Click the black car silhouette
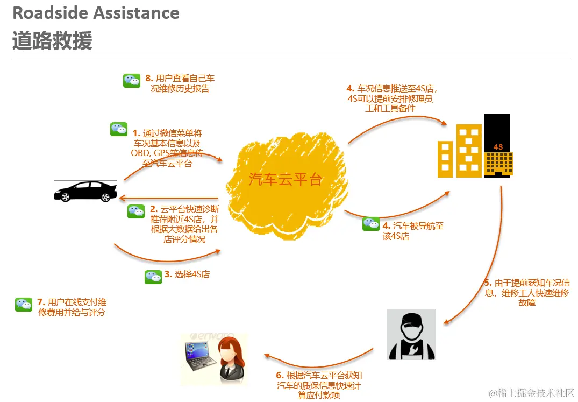click(85, 191)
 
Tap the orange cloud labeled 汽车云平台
click(285, 183)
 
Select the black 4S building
click(497, 145)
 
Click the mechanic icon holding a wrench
click(412, 335)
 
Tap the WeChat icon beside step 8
click(132, 81)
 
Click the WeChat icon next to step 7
click(24, 305)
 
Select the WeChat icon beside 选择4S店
click(153, 277)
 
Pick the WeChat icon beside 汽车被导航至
click(371, 224)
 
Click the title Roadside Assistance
click(96, 13)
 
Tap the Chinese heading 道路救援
click(52, 41)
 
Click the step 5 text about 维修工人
click(527, 292)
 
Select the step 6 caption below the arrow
click(319, 385)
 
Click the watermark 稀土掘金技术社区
click(530, 393)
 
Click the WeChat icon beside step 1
click(119, 129)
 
